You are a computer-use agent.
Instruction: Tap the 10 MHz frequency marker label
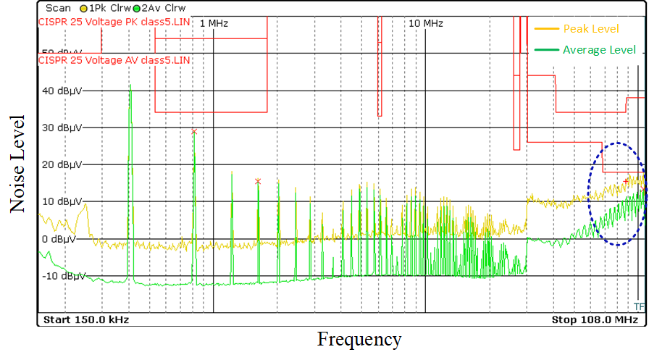[426, 23]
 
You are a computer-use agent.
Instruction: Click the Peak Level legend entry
[590, 29]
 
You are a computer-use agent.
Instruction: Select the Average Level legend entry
[599, 49]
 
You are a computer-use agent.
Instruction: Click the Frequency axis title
[359, 339]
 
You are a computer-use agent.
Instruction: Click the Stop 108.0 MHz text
[595, 319]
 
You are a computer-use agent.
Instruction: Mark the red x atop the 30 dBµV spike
[194, 131]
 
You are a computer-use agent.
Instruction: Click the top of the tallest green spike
[130, 85]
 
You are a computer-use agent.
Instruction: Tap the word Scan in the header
[59, 8]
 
